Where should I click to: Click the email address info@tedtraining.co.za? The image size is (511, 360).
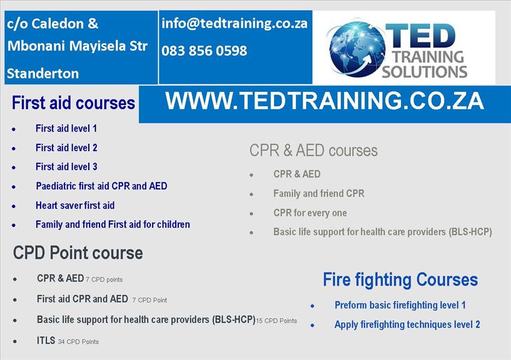pos(235,24)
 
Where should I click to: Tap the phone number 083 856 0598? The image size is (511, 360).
pos(205,51)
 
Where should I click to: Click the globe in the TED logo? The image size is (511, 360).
pos(357,49)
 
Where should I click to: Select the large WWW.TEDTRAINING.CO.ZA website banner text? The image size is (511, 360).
pos(324,101)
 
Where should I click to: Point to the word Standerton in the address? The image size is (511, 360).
pos(43,74)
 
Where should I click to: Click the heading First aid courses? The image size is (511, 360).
pos(73,103)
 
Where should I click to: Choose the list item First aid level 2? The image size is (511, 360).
pos(66,147)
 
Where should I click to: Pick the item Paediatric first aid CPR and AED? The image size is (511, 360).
pos(101,186)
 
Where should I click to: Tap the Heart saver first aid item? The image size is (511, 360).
pos(75,205)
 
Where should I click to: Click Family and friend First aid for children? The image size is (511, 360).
pos(113,224)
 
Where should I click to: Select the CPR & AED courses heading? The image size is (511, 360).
pos(313,151)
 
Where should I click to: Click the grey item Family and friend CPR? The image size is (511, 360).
pos(319,194)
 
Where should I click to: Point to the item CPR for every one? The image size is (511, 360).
pos(310,212)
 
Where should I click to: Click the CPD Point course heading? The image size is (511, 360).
pos(78,253)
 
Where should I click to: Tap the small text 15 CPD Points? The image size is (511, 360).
pos(276,321)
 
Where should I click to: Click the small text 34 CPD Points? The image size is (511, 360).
pos(78,342)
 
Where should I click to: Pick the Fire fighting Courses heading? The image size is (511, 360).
pos(400,279)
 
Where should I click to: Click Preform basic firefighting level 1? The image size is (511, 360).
pos(400,305)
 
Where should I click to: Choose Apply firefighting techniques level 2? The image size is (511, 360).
pos(407,324)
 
